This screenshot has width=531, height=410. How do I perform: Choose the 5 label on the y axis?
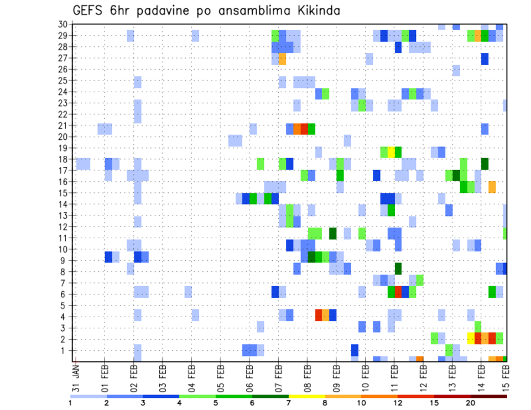(65, 306)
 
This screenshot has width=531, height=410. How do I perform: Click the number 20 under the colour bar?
(470, 403)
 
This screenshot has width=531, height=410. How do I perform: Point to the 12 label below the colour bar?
(397, 403)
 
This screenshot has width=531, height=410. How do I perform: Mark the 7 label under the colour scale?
(289, 403)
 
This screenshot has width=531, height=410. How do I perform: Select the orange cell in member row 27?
(282, 58)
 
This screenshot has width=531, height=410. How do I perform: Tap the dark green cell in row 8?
(398, 269)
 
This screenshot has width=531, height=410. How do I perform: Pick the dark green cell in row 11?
(333, 233)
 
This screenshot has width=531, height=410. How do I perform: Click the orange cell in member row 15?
(492, 187)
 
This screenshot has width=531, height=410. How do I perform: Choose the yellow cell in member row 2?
(471, 338)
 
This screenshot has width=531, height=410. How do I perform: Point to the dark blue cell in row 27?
(485, 58)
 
